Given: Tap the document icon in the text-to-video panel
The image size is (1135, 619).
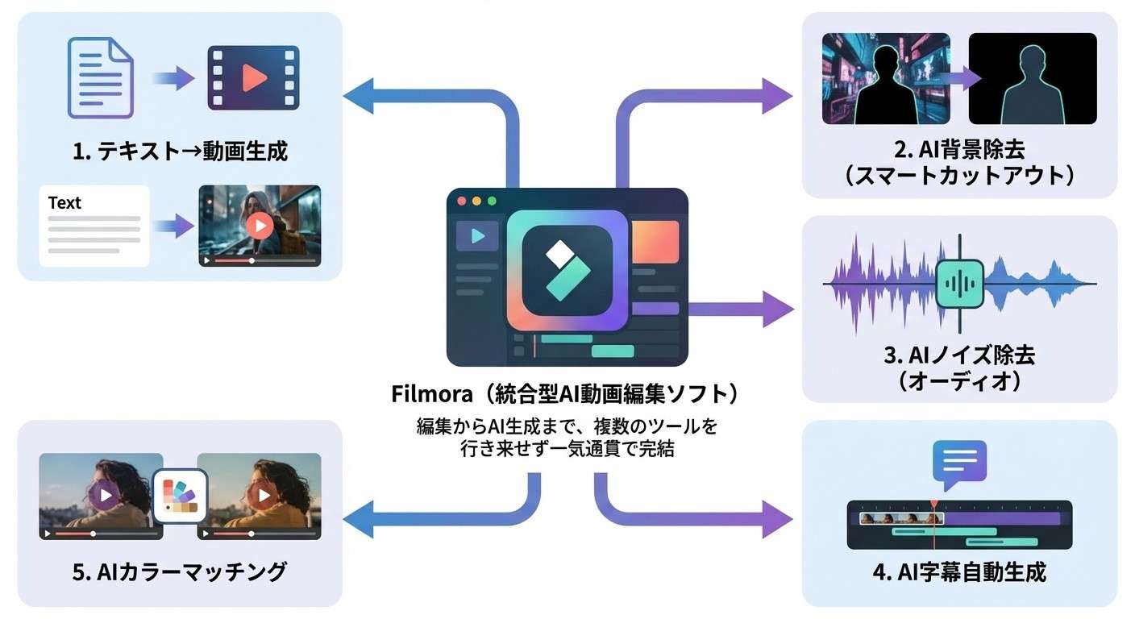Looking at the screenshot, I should point(100,78).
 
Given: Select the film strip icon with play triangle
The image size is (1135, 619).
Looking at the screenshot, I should point(253,78).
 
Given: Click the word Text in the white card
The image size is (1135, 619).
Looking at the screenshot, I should point(64,203).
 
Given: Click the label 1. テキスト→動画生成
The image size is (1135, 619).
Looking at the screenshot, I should point(180,151).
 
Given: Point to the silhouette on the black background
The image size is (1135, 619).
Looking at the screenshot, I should point(1031,81).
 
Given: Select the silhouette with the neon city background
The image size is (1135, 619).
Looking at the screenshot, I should point(885,81).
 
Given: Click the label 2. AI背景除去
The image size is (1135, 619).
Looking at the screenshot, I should point(959,151).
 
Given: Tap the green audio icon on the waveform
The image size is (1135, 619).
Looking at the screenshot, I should point(959,284).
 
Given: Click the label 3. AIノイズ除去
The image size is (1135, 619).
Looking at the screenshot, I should point(959,355).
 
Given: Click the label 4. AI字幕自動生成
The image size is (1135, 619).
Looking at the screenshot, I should point(959,572).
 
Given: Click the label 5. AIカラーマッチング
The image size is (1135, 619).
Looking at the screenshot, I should point(180,572).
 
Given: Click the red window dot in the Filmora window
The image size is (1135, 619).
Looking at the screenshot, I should point(462,201).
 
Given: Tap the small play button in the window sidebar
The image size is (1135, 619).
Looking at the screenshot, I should point(477,235).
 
